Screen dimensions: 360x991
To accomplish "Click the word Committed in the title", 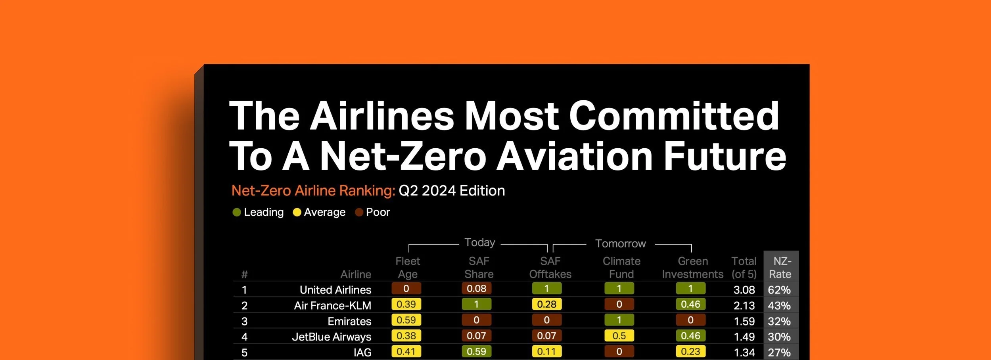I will pos(674,115).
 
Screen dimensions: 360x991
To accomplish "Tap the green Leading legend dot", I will pos(237,213).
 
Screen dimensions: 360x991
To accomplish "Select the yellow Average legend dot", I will pos(297,213).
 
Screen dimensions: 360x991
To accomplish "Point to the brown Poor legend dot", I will pos(359,213).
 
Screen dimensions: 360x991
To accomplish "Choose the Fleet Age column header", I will pos(407,268).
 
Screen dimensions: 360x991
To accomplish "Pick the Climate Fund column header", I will pos(621,268).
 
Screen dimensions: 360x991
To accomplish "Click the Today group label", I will pos(479,242).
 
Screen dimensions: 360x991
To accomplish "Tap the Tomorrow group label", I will pos(620,243).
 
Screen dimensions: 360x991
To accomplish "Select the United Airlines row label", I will pos(335,290).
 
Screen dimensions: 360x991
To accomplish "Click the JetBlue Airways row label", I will pos(332,337).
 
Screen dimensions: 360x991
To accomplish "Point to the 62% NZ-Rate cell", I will pos(779,290).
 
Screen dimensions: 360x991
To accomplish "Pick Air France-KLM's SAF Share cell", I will pos(476,304).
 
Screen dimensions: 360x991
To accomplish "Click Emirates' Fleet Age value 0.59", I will pos(406,320).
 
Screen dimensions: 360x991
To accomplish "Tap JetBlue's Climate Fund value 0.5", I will pos(619,336).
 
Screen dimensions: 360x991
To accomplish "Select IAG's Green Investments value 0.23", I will pos(690,352).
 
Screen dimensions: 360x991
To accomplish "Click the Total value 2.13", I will pos(744,306).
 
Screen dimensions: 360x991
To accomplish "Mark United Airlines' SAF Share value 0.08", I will pos(476,289).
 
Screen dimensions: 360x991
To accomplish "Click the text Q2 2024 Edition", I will pos(452,191).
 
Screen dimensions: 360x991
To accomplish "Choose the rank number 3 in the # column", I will pos(244,321).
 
